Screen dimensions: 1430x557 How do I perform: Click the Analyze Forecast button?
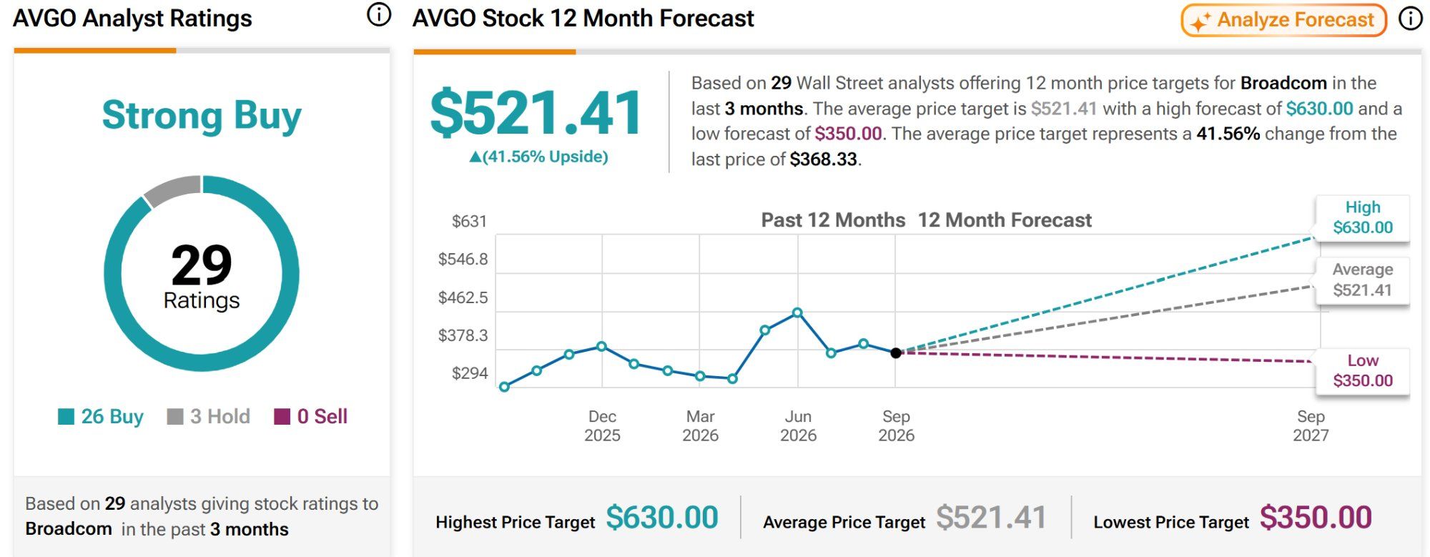click(x=1283, y=20)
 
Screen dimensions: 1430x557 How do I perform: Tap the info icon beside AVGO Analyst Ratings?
click(x=379, y=15)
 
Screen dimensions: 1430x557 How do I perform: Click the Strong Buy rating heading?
click(x=202, y=116)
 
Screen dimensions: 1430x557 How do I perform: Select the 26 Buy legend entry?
click(x=101, y=416)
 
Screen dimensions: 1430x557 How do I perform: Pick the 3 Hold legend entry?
click(x=208, y=416)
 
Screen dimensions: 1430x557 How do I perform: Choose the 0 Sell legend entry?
click(x=311, y=416)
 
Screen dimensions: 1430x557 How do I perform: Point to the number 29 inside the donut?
click(x=202, y=265)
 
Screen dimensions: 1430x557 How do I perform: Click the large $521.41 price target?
click(x=536, y=113)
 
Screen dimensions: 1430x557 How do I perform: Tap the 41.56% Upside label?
click(x=538, y=157)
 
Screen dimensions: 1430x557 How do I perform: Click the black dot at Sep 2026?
click(x=896, y=353)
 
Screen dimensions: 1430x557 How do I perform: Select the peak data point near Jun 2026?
click(x=797, y=312)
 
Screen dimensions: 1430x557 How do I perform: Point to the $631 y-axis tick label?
click(x=469, y=222)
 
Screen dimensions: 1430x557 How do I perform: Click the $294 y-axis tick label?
click(x=470, y=373)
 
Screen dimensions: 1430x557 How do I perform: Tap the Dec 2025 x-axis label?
click(x=602, y=426)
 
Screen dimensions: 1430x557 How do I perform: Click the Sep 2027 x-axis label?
click(x=1311, y=426)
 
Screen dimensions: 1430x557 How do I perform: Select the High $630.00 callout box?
click(x=1363, y=217)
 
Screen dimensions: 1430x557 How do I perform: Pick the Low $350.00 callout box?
click(x=1363, y=370)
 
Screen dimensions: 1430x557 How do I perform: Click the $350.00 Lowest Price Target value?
click(x=1316, y=518)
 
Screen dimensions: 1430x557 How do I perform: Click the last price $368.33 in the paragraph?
click(x=824, y=159)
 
